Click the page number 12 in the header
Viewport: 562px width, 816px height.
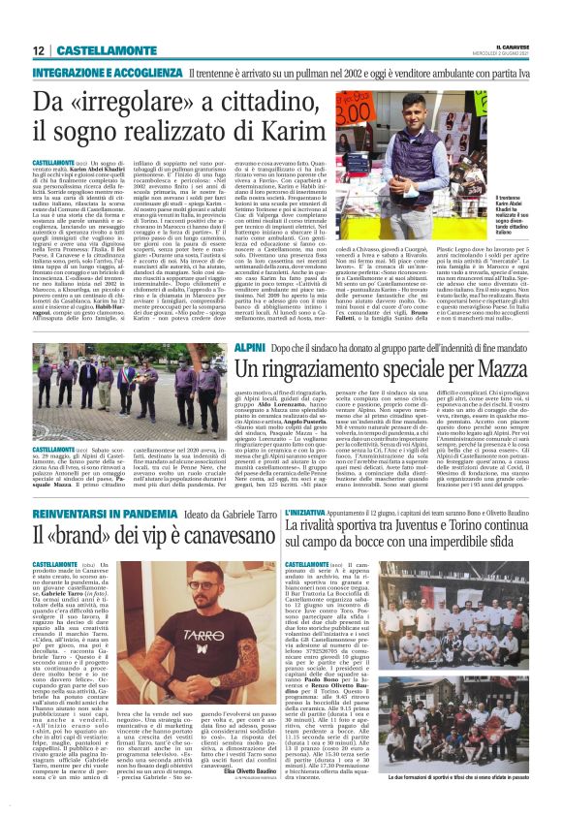(39, 50)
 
